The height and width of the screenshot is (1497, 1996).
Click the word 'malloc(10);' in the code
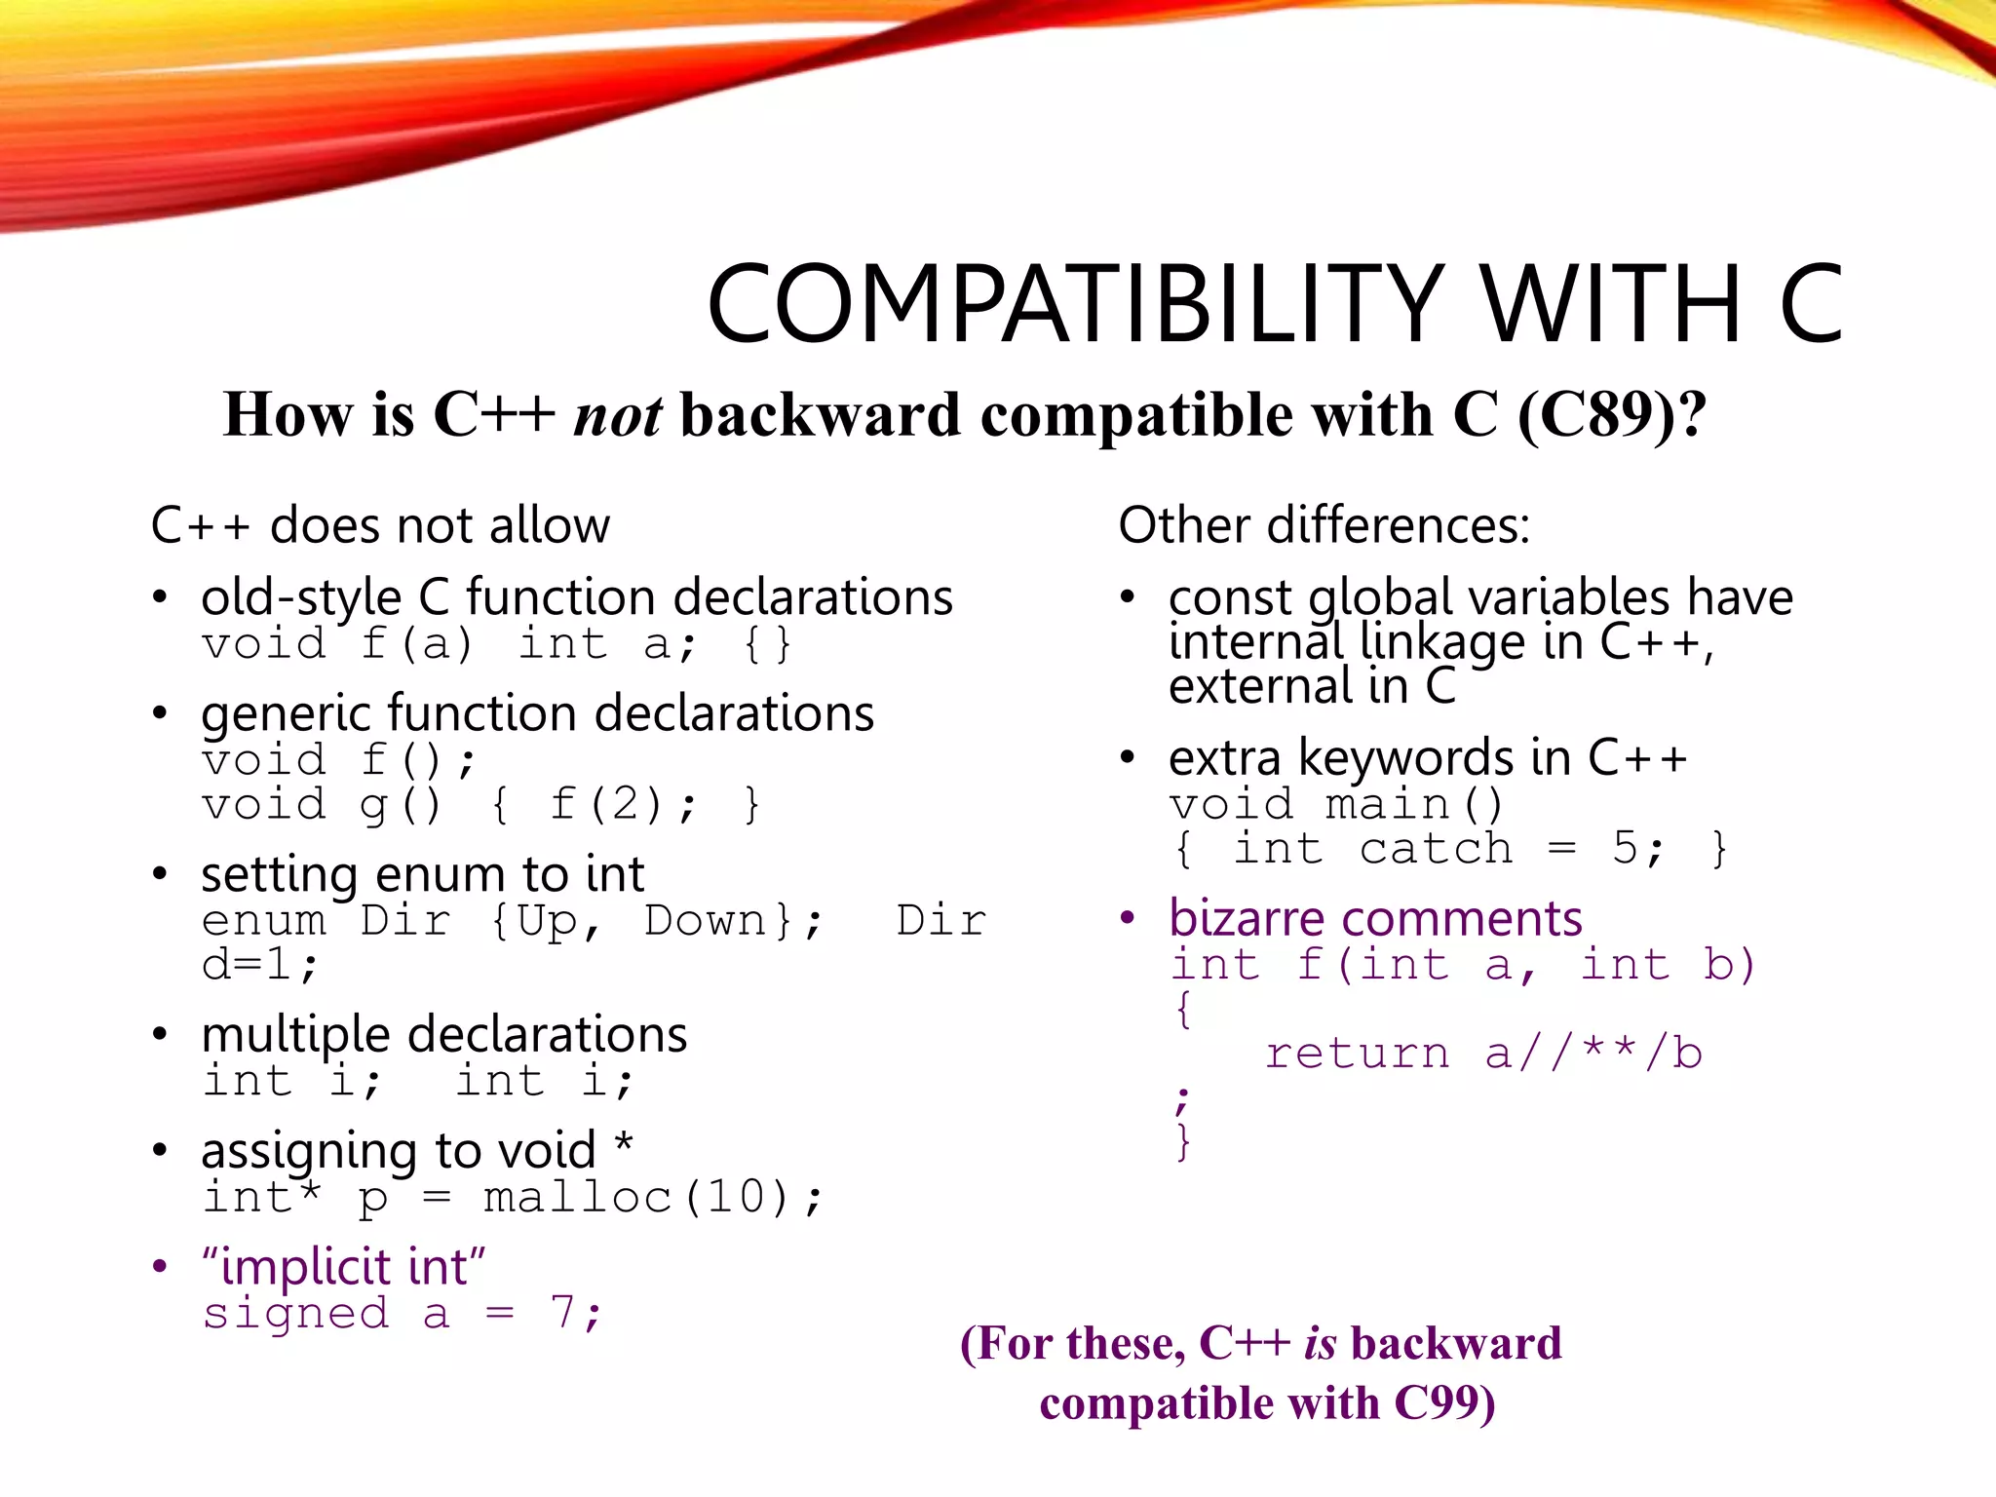coord(653,1198)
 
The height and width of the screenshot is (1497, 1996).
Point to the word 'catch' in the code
coord(1436,849)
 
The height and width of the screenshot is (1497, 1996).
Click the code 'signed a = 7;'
coord(403,1314)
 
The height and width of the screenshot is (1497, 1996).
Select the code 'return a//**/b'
coord(1482,1054)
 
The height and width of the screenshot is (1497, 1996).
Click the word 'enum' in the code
coord(263,921)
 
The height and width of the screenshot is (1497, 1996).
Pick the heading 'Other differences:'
coord(1324,525)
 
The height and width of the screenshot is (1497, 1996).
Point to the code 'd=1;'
coord(259,966)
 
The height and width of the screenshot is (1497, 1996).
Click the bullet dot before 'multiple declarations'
coord(160,1034)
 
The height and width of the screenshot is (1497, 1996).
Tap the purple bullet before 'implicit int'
coord(160,1267)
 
